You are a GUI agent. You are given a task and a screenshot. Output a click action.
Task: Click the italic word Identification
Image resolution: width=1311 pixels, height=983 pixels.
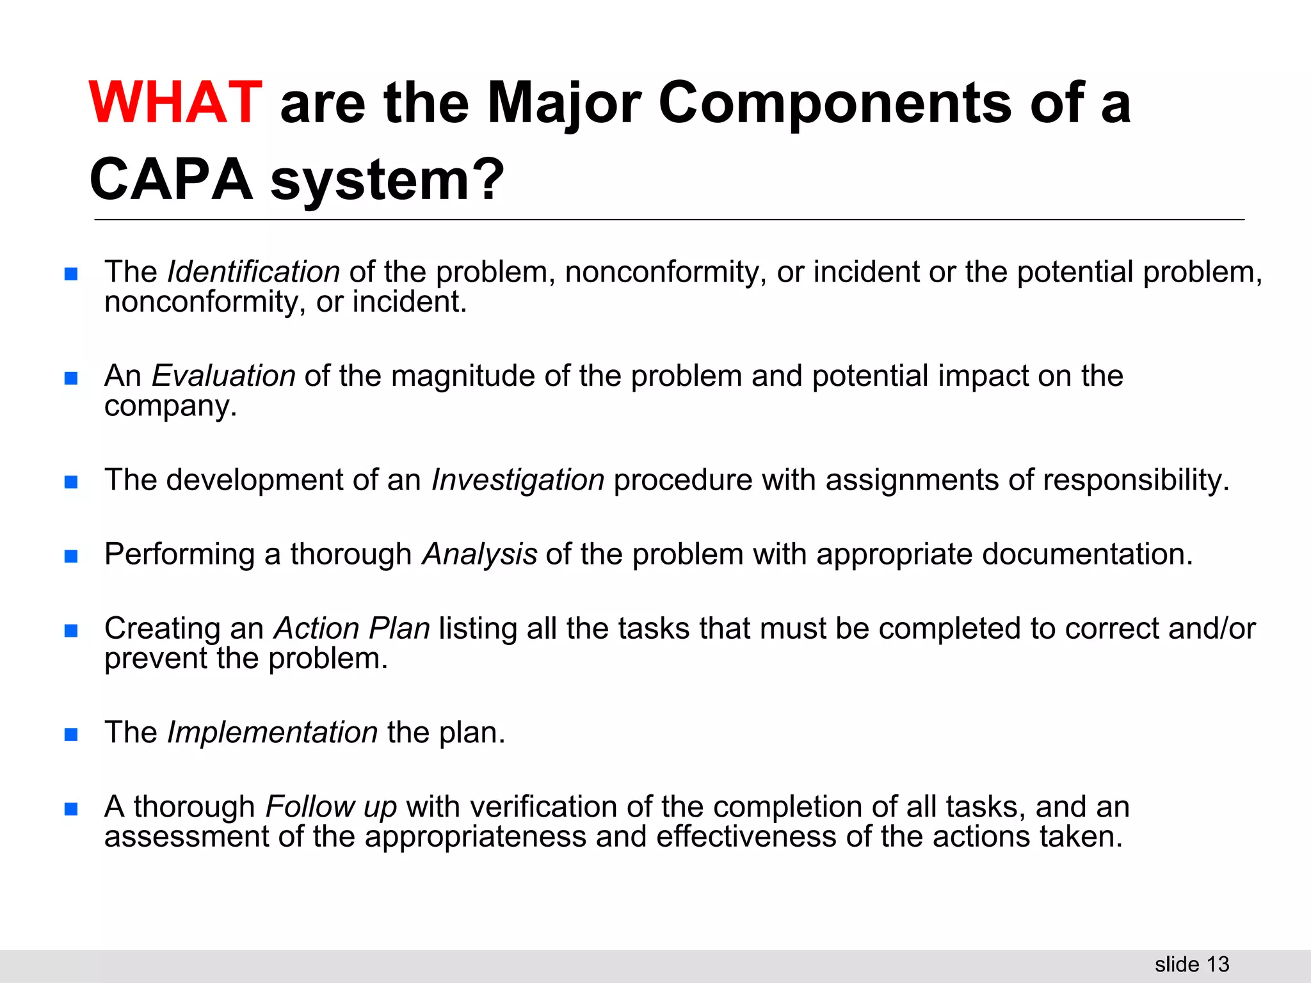253,272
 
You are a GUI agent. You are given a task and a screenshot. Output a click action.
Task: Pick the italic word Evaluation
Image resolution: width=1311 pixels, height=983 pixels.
223,376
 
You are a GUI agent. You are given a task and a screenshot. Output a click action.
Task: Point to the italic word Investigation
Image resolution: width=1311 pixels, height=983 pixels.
518,480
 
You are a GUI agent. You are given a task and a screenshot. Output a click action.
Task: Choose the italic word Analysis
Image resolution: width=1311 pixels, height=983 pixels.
479,554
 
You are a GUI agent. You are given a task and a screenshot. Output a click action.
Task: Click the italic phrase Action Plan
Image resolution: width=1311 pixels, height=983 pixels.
352,628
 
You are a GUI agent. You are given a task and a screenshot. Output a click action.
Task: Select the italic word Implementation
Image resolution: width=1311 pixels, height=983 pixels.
273,732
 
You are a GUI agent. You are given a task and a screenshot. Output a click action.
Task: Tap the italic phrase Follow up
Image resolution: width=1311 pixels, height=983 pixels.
332,806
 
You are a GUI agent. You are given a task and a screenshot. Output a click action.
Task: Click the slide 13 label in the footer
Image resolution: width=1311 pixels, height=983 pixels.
1192,964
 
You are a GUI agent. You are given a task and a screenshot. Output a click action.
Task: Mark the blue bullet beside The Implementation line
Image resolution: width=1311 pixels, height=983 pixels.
71,734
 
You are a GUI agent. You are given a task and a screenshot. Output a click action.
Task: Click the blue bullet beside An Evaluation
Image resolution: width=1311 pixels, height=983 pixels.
71,378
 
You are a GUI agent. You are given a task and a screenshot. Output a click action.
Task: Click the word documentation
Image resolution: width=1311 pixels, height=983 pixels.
1088,554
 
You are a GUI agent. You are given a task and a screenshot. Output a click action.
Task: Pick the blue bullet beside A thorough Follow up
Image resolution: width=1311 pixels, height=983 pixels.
71,808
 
